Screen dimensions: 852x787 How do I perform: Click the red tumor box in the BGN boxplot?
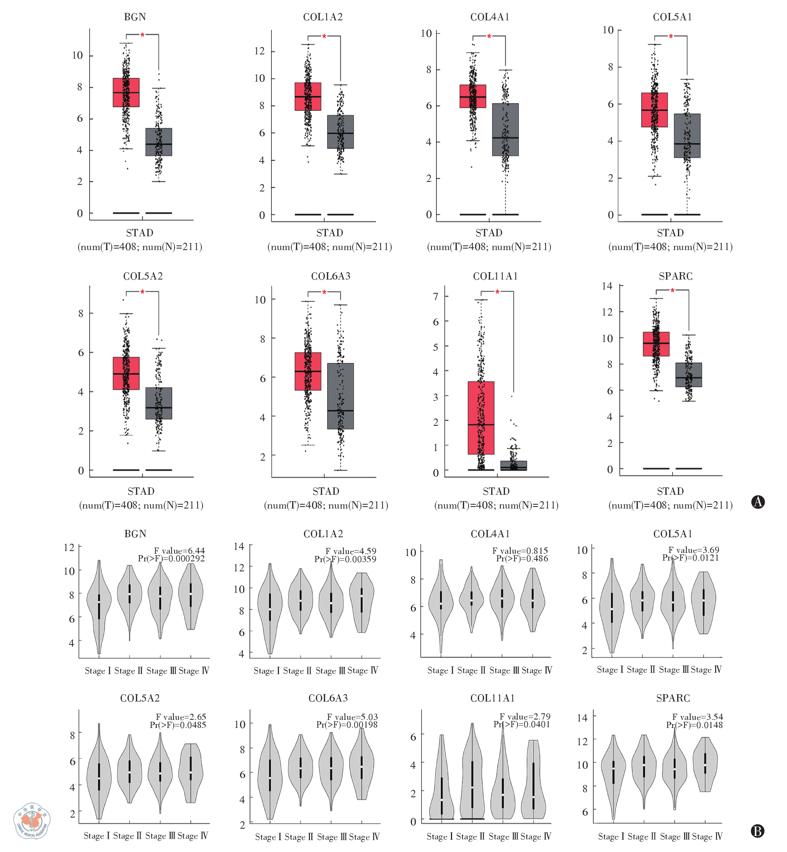click(126, 92)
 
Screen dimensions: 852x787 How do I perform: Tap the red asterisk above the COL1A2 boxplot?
click(324, 37)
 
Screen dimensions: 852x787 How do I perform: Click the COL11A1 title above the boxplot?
click(495, 276)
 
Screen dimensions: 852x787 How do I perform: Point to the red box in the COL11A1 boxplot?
click(481, 417)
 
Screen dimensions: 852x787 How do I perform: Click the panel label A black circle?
click(758, 502)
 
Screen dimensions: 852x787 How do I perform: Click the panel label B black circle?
click(757, 831)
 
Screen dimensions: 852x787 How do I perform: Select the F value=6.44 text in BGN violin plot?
click(179, 551)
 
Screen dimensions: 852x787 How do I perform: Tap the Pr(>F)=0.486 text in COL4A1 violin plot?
click(522, 558)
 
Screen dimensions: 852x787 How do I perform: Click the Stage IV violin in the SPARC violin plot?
click(705, 764)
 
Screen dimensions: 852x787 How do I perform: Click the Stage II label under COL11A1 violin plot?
click(470, 836)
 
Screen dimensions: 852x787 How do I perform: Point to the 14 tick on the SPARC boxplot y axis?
click(607, 286)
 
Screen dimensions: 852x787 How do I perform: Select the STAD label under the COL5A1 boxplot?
click(670, 232)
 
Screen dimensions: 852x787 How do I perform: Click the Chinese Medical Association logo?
click(32, 821)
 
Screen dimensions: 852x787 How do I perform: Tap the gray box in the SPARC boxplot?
click(689, 375)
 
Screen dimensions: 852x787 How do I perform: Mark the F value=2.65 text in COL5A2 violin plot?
click(181, 717)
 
